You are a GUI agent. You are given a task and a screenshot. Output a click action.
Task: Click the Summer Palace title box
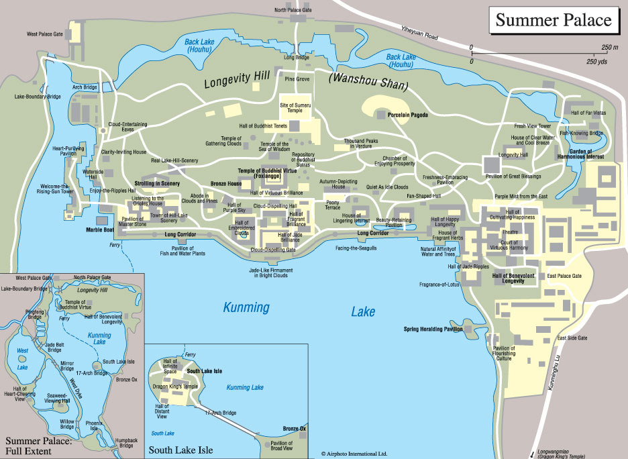554,20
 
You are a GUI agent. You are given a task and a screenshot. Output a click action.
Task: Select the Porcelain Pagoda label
407,115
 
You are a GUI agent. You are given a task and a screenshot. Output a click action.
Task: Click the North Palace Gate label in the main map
293,10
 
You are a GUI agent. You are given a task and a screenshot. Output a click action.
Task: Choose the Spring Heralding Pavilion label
433,329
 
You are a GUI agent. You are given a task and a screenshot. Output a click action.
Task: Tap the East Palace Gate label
564,276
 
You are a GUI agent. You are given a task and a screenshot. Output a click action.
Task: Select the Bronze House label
226,183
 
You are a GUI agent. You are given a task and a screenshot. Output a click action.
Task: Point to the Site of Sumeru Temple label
296,107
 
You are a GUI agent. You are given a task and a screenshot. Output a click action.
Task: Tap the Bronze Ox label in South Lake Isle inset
294,429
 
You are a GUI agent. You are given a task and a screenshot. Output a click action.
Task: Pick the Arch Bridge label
85,87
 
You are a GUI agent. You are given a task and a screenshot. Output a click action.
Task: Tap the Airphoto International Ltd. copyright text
354,454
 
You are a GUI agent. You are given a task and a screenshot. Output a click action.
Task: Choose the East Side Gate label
572,338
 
